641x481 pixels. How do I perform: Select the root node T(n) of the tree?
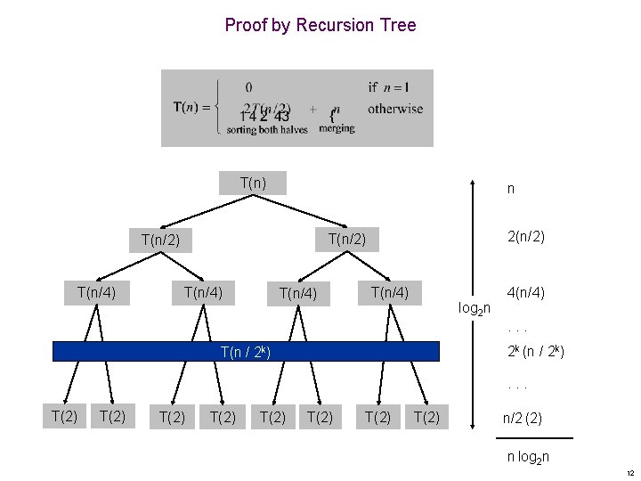point(253,183)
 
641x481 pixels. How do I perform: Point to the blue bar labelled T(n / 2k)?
point(246,351)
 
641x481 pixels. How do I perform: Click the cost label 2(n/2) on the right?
point(525,237)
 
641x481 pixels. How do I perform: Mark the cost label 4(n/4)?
point(525,292)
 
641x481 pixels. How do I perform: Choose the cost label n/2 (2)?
point(525,415)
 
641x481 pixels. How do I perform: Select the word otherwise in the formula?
point(394,109)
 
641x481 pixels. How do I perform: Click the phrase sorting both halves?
point(267,130)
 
